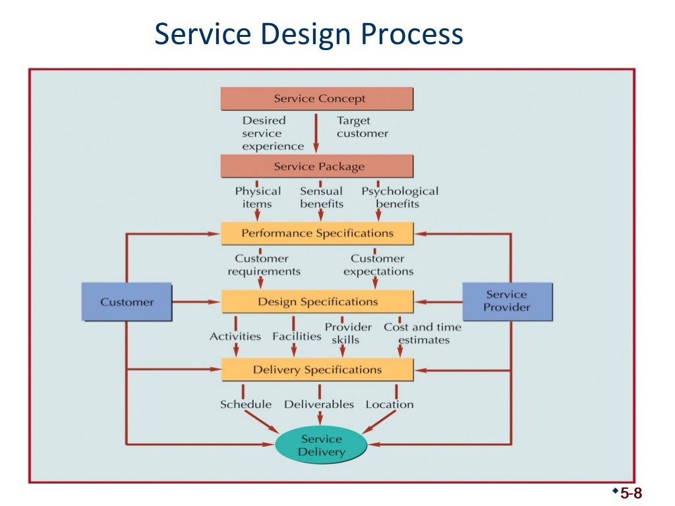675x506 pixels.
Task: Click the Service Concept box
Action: [x=316, y=99]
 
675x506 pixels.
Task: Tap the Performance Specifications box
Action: [x=317, y=233]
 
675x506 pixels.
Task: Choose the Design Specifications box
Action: [x=317, y=302]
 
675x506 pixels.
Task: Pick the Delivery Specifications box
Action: [x=317, y=370]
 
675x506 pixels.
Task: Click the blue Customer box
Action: [x=127, y=302]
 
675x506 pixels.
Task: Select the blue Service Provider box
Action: [x=506, y=301]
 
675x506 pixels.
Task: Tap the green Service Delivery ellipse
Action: [x=321, y=445]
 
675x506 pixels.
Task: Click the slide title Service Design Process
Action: [x=308, y=34]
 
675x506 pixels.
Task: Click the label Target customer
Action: [x=362, y=127]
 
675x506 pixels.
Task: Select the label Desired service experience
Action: [x=272, y=133]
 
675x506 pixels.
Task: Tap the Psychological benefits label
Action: [x=399, y=197]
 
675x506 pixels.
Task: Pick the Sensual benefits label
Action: [x=322, y=197]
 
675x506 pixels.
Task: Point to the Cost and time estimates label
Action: [x=423, y=333]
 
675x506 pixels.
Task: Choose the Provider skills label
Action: [x=347, y=333]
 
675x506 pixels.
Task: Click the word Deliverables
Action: [x=319, y=405]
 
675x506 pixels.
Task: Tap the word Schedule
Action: [x=246, y=405]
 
